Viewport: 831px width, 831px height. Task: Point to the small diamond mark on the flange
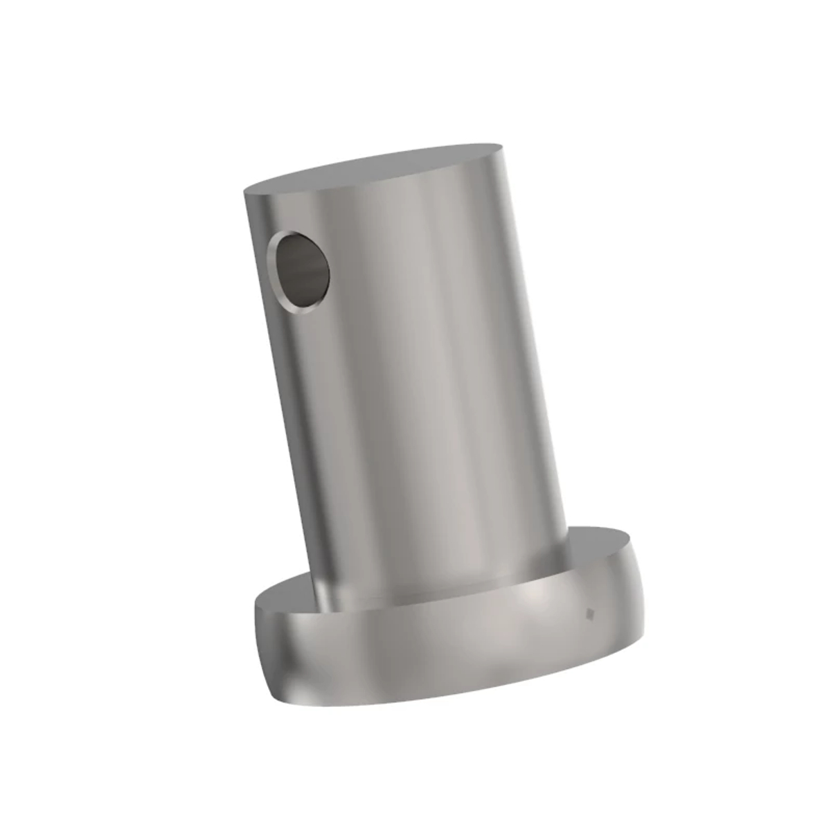590,612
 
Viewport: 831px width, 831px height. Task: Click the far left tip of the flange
256,609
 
